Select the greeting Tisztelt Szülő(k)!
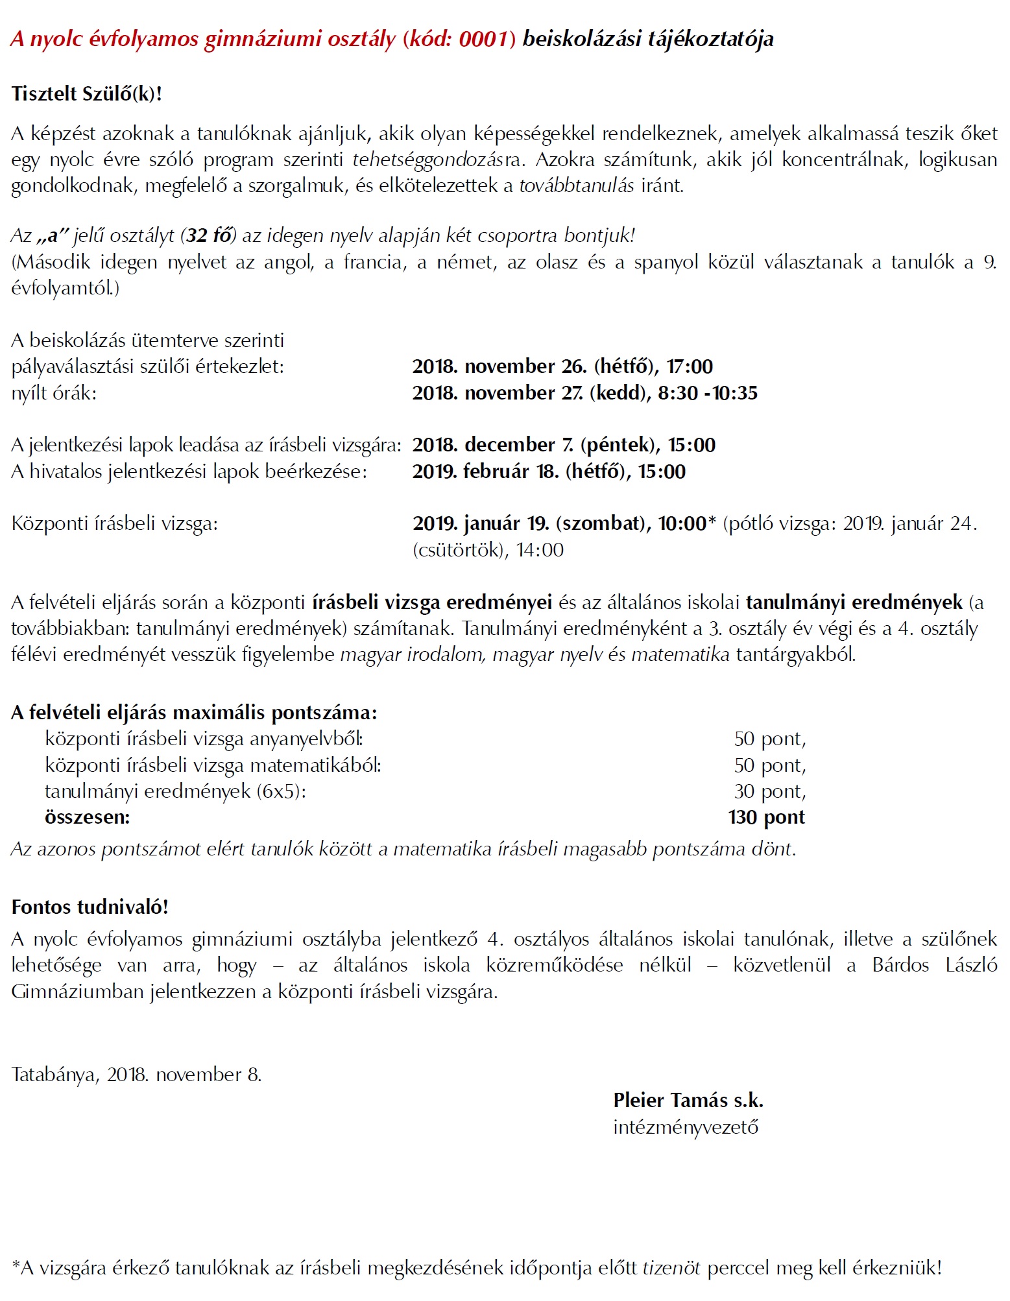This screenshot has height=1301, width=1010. [x=86, y=94]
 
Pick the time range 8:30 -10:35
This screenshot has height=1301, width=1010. [x=708, y=393]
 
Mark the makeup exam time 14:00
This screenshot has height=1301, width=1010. [x=540, y=550]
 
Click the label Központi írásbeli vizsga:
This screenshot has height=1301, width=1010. [x=115, y=523]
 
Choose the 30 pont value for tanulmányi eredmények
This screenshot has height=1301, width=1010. [x=770, y=791]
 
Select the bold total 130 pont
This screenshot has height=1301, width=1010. [x=766, y=817]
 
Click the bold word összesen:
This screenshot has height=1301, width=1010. [x=88, y=817]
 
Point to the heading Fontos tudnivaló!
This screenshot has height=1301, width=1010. [x=90, y=907]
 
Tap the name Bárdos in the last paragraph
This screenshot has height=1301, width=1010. [x=900, y=965]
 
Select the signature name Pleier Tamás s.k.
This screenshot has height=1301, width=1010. [x=688, y=1101]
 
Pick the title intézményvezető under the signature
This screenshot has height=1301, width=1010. [x=686, y=1127]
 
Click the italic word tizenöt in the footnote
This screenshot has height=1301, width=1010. [x=671, y=1268]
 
